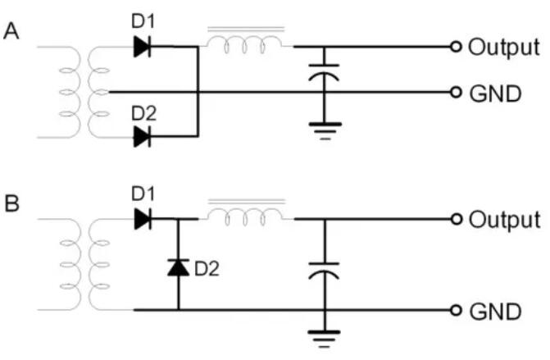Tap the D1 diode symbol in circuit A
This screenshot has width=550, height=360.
pyautogui.click(x=143, y=47)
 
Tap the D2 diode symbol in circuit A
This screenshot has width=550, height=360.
pyautogui.click(x=143, y=136)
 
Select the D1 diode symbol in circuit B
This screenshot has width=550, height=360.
pyautogui.click(x=143, y=219)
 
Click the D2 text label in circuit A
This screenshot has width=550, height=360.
pyautogui.click(x=143, y=112)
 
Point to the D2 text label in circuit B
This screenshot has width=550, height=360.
pyautogui.click(x=207, y=267)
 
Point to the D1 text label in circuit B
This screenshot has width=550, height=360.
pyautogui.click(x=143, y=194)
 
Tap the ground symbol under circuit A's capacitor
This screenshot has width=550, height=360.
pyautogui.click(x=325, y=129)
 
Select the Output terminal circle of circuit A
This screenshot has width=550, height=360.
pyautogui.click(x=456, y=47)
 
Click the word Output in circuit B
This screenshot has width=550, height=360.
pyautogui.click(x=503, y=220)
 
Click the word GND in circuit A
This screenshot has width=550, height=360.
pyautogui.click(x=494, y=93)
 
